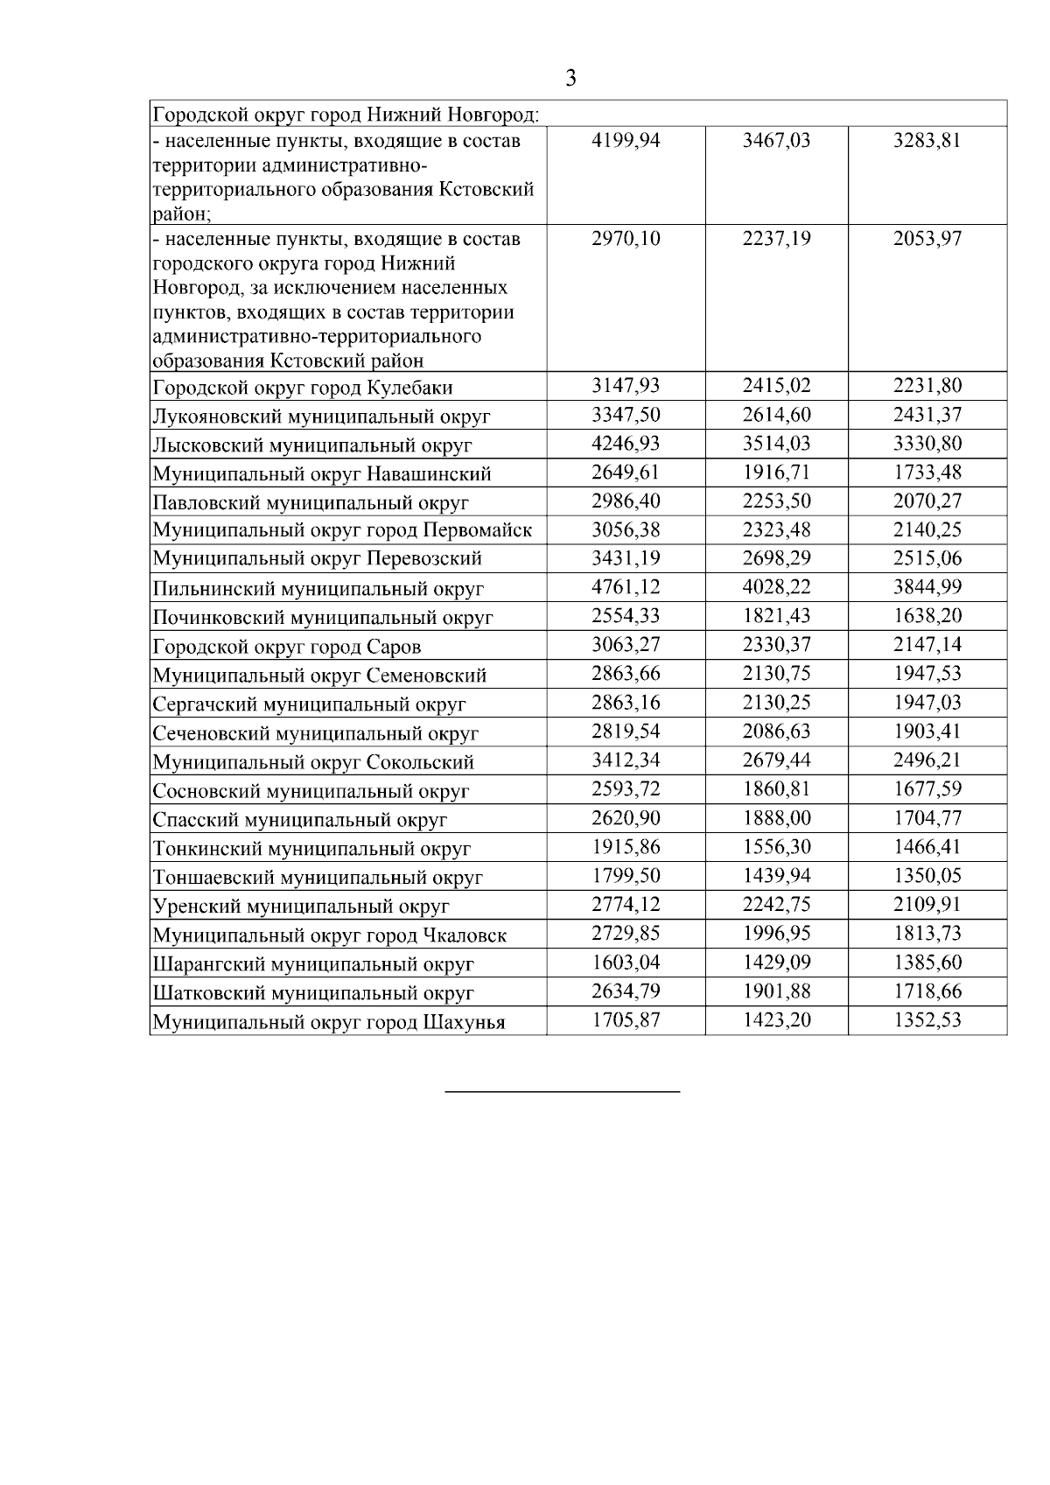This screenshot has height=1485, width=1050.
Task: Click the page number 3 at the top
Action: tap(570, 79)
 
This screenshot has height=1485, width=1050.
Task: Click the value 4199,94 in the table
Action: tap(626, 141)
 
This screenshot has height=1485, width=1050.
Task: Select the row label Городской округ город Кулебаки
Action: tap(302, 388)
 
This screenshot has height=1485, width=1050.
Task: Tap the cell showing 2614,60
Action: tap(776, 415)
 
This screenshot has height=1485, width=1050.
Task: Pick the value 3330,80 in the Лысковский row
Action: tap(927, 444)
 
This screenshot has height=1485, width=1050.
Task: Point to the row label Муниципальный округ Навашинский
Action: tap(321, 474)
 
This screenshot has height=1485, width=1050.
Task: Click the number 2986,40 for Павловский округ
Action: tap(626, 501)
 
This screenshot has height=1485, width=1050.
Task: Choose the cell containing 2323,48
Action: tap(776, 530)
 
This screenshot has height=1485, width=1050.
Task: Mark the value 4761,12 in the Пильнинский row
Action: tap(626, 587)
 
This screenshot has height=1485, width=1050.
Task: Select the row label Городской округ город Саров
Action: tap(286, 648)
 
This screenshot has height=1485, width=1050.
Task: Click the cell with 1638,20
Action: tap(927, 616)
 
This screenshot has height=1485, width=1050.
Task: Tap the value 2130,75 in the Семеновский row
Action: tap(776, 674)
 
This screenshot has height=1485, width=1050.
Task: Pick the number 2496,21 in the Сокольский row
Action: tap(927, 760)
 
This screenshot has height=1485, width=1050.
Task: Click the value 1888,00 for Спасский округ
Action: tap(776, 818)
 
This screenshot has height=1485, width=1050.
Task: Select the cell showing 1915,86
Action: tap(626, 847)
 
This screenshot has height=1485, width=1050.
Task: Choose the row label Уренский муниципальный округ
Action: tap(300, 906)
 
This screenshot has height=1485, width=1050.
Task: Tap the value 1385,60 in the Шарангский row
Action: tap(927, 963)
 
